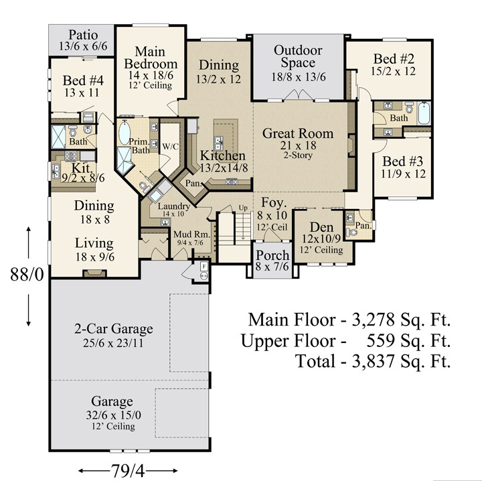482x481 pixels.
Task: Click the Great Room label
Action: click(x=298, y=133)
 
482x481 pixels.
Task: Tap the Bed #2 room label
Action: click(x=394, y=58)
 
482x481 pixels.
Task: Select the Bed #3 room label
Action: click(x=403, y=161)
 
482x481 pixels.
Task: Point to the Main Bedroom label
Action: click(x=151, y=58)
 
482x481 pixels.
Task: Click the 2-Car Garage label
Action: click(x=114, y=328)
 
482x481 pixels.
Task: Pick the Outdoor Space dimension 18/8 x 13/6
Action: click(x=298, y=77)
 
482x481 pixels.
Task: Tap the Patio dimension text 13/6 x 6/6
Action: click(x=83, y=46)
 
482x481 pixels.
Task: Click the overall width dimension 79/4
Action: click(x=128, y=470)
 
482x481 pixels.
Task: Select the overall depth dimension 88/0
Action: click(x=27, y=274)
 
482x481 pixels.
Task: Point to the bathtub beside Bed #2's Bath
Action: click(x=424, y=113)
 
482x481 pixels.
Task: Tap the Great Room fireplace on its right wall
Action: click(x=351, y=146)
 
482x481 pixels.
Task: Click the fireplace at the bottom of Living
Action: click(x=95, y=273)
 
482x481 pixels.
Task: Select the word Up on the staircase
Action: click(x=243, y=208)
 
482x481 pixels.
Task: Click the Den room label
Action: click(x=321, y=227)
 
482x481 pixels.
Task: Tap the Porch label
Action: click(x=272, y=255)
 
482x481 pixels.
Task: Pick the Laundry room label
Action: click(x=174, y=206)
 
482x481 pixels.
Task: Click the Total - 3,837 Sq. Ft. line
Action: click(x=373, y=360)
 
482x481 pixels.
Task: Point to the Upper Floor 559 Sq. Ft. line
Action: click(x=346, y=340)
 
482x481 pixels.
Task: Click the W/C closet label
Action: click(x=170, y=147)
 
